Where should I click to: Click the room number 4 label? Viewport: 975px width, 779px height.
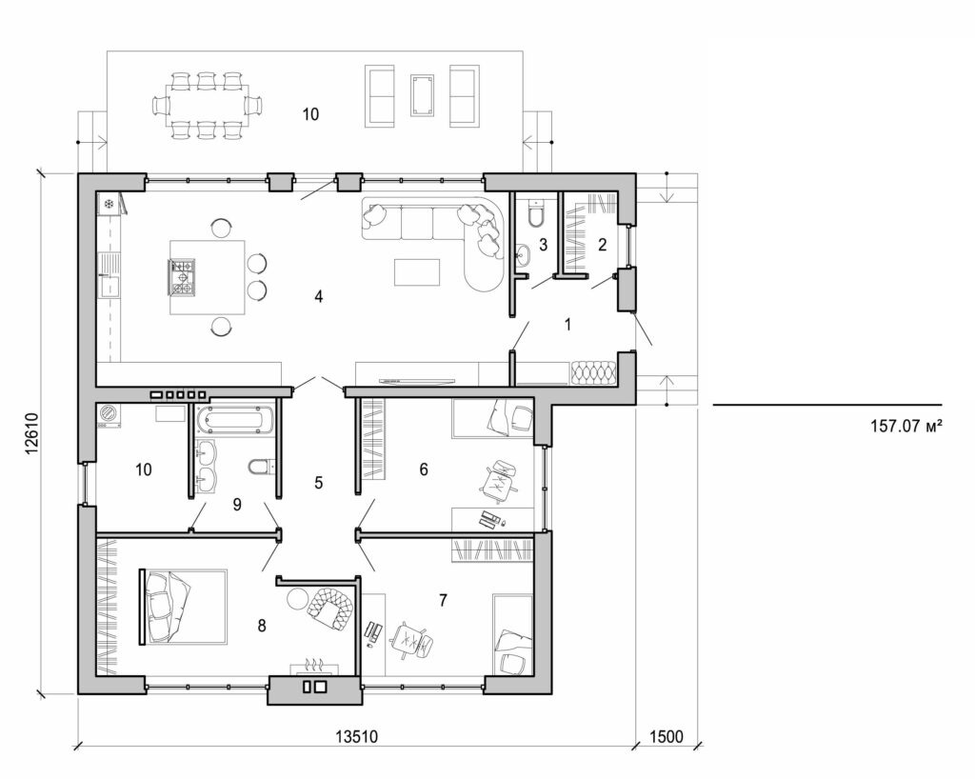(x=319, y=297)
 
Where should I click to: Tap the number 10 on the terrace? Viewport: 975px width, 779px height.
(x=310, y=114)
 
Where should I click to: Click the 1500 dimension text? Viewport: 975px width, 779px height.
(x=667, y=737)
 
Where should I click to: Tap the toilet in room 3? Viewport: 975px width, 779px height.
(x=534, y=214)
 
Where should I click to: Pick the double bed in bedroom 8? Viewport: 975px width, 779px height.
(x=186, y=607)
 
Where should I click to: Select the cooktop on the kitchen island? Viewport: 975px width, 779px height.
(x=183, y=276)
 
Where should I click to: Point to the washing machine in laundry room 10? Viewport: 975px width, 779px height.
(x=109, y=414)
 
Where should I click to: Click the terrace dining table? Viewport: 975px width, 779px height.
(x=206, y=103)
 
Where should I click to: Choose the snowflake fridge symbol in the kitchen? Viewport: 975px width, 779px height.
(x=109, y=204)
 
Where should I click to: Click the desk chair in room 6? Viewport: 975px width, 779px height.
(x=497, y=481)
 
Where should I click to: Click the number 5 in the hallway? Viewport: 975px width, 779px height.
(x=319, y=483)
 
